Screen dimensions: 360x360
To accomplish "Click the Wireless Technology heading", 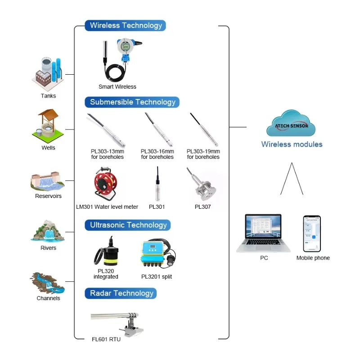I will [126, 26].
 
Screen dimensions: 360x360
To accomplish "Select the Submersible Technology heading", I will [132, 102].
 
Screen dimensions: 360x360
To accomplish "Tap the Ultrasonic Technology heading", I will [128, 225].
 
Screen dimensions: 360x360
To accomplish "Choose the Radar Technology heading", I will [121, 293].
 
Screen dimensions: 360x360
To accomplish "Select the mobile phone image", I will [312, 233].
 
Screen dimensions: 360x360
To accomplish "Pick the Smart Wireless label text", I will [117, 87].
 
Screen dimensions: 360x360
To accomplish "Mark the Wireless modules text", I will [292, 144].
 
